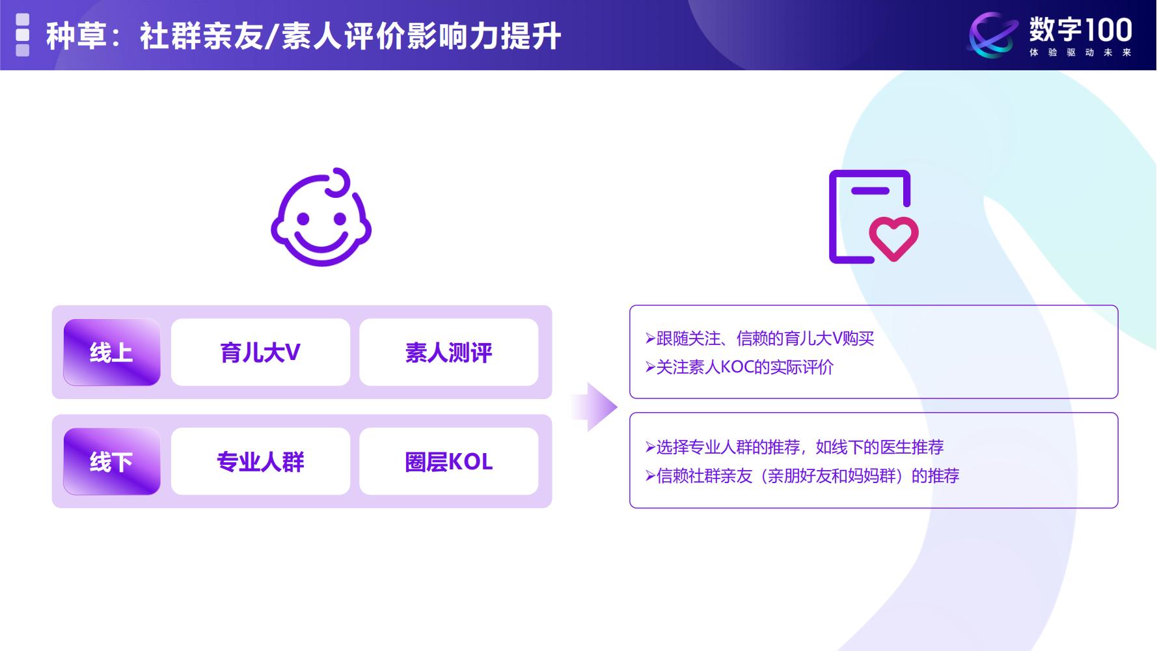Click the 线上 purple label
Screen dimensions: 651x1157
[111, 352]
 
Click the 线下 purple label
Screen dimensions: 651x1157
[111, 462]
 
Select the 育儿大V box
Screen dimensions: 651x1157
[260, 352]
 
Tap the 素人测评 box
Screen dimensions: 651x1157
[448, 352]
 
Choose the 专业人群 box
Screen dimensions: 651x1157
[260, 462]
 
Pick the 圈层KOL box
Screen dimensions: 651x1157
[448, 462]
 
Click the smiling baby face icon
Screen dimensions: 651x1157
[321, 225]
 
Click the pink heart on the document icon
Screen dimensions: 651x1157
[893, 238]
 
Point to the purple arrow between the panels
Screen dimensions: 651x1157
[595, 407]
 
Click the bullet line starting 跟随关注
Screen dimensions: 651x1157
[760, 339]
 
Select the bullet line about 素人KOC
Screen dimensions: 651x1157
[739, 367]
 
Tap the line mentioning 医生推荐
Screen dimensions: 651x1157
[795, 447]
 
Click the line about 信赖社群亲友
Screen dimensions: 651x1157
[802, 476]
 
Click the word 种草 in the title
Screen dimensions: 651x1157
[75, 36]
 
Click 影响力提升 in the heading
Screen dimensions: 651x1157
[483, 36]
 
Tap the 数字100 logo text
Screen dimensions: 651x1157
[1080, 29]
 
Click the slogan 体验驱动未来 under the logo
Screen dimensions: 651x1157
[1080, 53]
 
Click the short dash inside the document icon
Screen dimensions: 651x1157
[870, 191]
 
